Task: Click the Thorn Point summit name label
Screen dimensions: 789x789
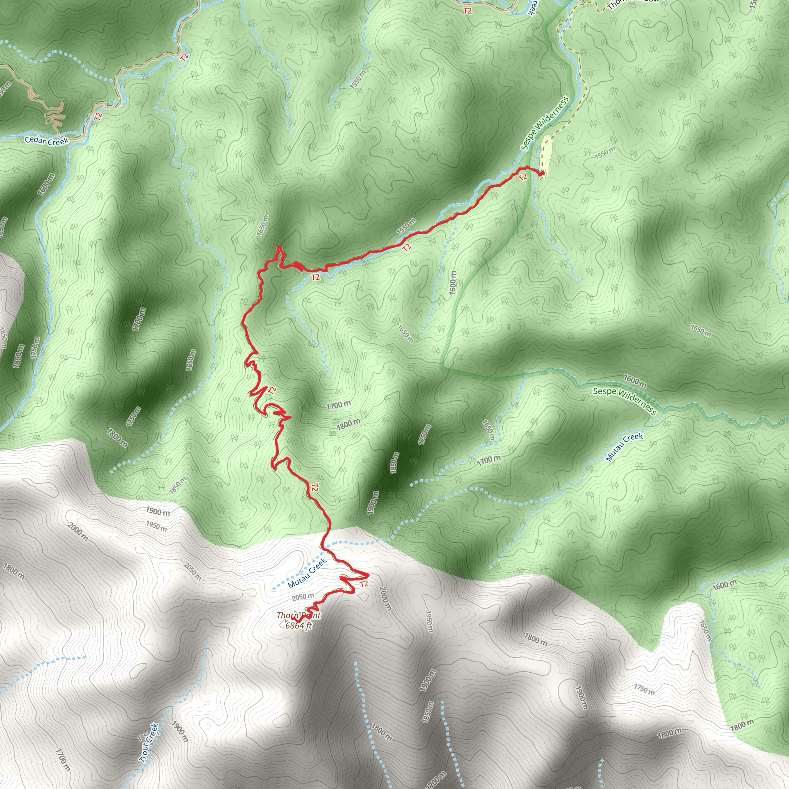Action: pyautogui.click(x=299, y=615)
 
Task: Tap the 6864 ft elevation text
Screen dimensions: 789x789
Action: pyautogui.click(x=299, y=625)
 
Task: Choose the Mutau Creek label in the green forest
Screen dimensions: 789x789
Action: pyautogui.click(x=624, y=447)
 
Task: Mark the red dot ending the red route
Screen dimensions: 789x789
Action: pyautogui.click(x=542, y=174)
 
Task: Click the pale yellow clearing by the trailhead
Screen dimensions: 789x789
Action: pyautogui.click(x=546, y=155)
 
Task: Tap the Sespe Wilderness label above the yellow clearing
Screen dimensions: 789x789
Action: pyautogui.click(x=544, y=123)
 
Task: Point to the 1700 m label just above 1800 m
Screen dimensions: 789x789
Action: pyautogui.click(x=339, y=405)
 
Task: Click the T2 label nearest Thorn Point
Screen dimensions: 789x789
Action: pyautogui.click(x=364, y=584)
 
